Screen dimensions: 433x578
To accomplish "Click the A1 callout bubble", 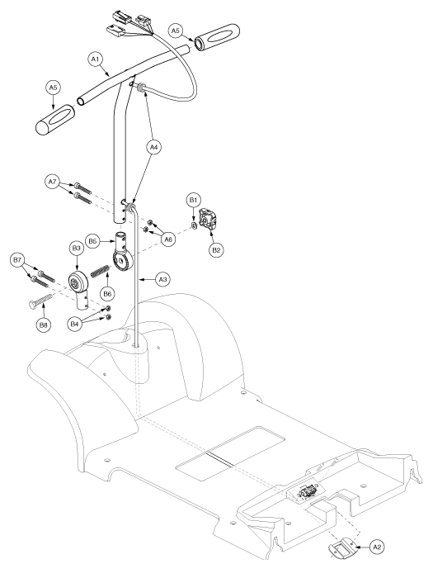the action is click(x=96, y=59).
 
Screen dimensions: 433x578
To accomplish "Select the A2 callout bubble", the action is click(x=376, y=547).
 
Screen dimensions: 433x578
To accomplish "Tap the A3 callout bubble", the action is click(x=162, y=280).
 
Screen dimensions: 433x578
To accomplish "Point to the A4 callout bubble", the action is click(x=154, y=148).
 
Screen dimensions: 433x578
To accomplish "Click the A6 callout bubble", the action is click(x=168, y=240).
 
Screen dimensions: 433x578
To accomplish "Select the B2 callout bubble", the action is click(x=216, y=250).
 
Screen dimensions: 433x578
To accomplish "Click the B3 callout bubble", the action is click(x=76, y=249).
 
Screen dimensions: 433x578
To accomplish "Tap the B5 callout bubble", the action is click(x=92, y=241).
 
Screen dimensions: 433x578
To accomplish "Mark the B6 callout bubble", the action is click(x=107, y=294).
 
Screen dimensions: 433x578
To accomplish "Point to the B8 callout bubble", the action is click(x=44, y=325).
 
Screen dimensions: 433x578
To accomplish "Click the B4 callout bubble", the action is click(x=75, y=325).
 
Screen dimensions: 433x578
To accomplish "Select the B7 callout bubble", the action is click(x=17, y=261).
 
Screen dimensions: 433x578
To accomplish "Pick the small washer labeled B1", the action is click(x=194, y=225).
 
